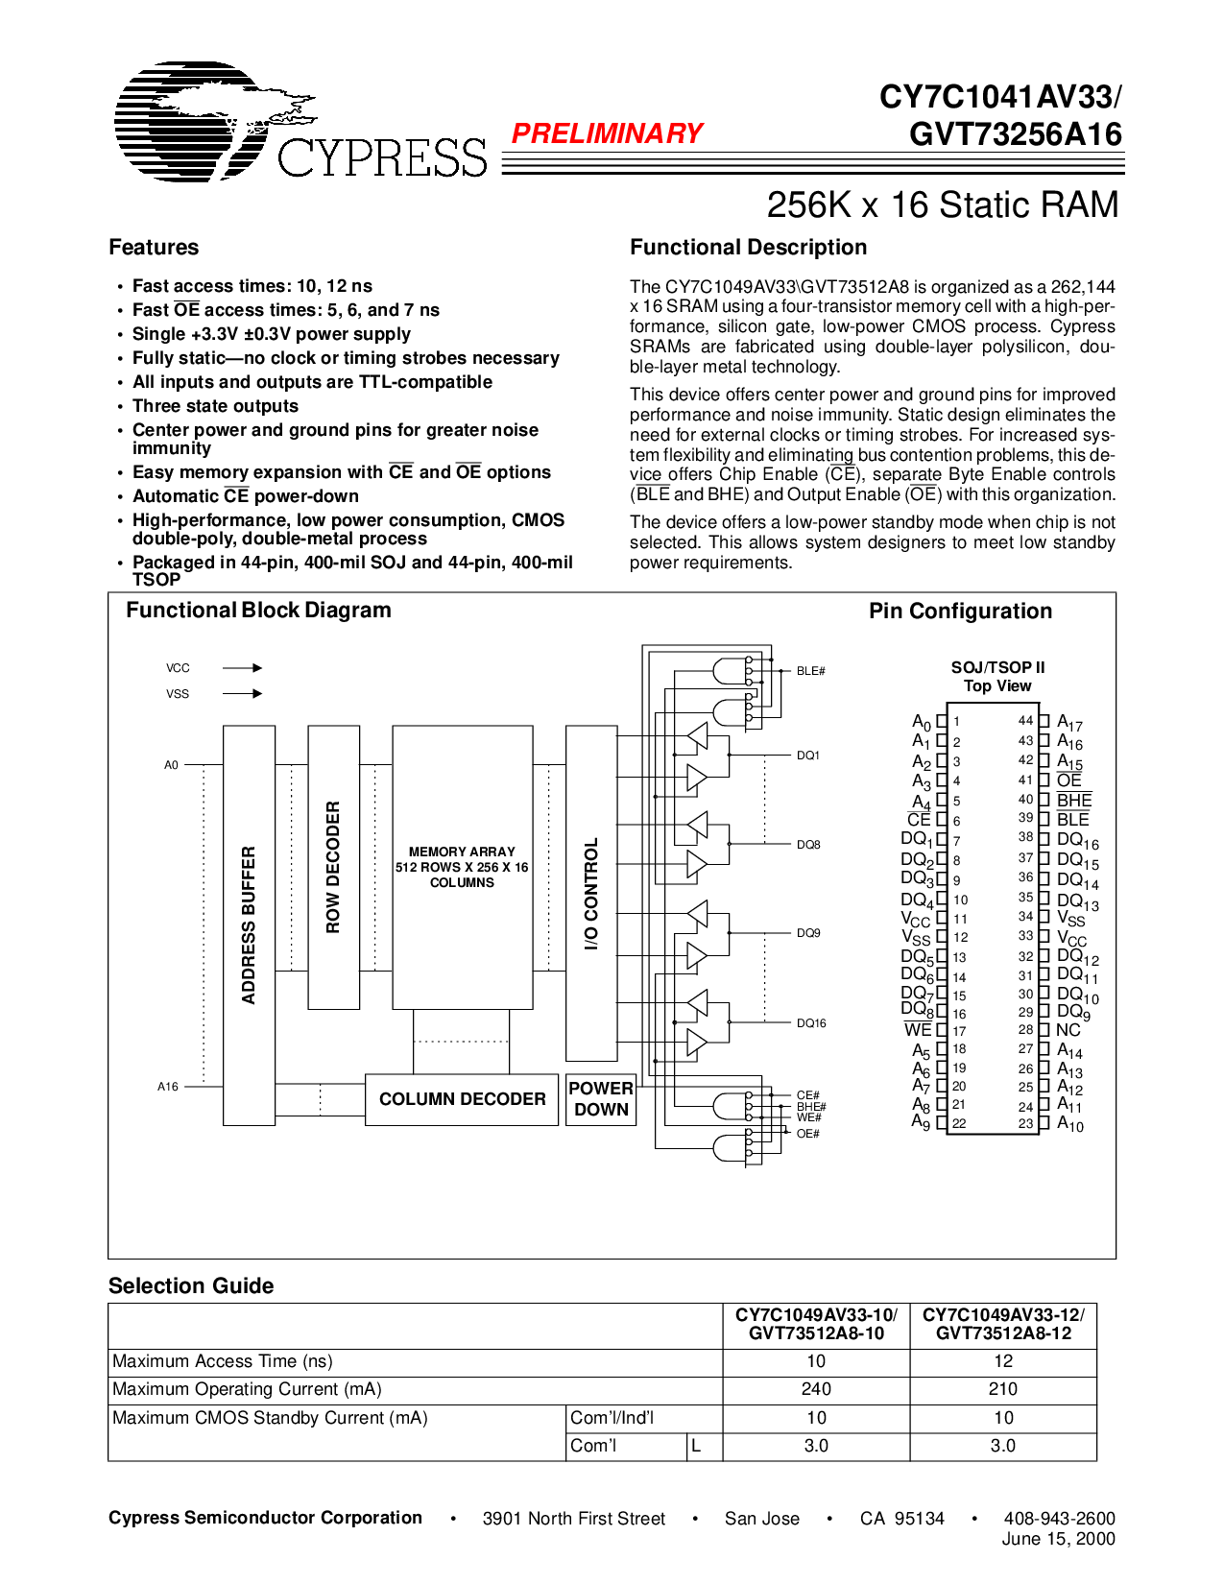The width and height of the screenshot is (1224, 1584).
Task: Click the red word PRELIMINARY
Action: coord(607,133)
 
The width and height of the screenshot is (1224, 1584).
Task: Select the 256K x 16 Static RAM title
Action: coord(942,204)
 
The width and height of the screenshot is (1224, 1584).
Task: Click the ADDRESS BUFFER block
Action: coord(249,924)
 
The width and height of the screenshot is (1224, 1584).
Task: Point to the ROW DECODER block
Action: coord(333,867)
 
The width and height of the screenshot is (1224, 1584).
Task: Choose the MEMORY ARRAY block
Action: coord(462,867)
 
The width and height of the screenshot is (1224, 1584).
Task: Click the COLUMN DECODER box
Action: coord(462,1099)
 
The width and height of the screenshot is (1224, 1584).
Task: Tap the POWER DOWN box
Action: coord(601,1099)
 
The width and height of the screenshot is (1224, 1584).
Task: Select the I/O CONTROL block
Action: coord(591,893)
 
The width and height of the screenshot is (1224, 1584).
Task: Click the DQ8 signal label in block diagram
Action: coord(808,845)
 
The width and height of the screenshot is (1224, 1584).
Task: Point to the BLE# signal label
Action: coord(810,671)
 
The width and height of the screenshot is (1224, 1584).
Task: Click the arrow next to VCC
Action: coord(243,668)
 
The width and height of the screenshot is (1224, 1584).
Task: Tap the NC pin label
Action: coord(1068,1030)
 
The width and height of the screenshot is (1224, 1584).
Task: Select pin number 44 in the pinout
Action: coord(1025,721)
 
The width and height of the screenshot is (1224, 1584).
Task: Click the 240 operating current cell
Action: coord(816,1389)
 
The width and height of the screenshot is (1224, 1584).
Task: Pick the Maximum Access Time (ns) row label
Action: coord(223,1361)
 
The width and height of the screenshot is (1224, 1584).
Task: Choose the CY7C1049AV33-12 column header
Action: coord(1003,1324)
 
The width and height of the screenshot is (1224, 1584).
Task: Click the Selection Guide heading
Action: coord(191,1285)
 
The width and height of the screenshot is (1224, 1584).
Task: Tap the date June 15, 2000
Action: coord(1058,1539)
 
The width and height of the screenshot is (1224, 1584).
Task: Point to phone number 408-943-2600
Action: coord(1059,1518)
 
